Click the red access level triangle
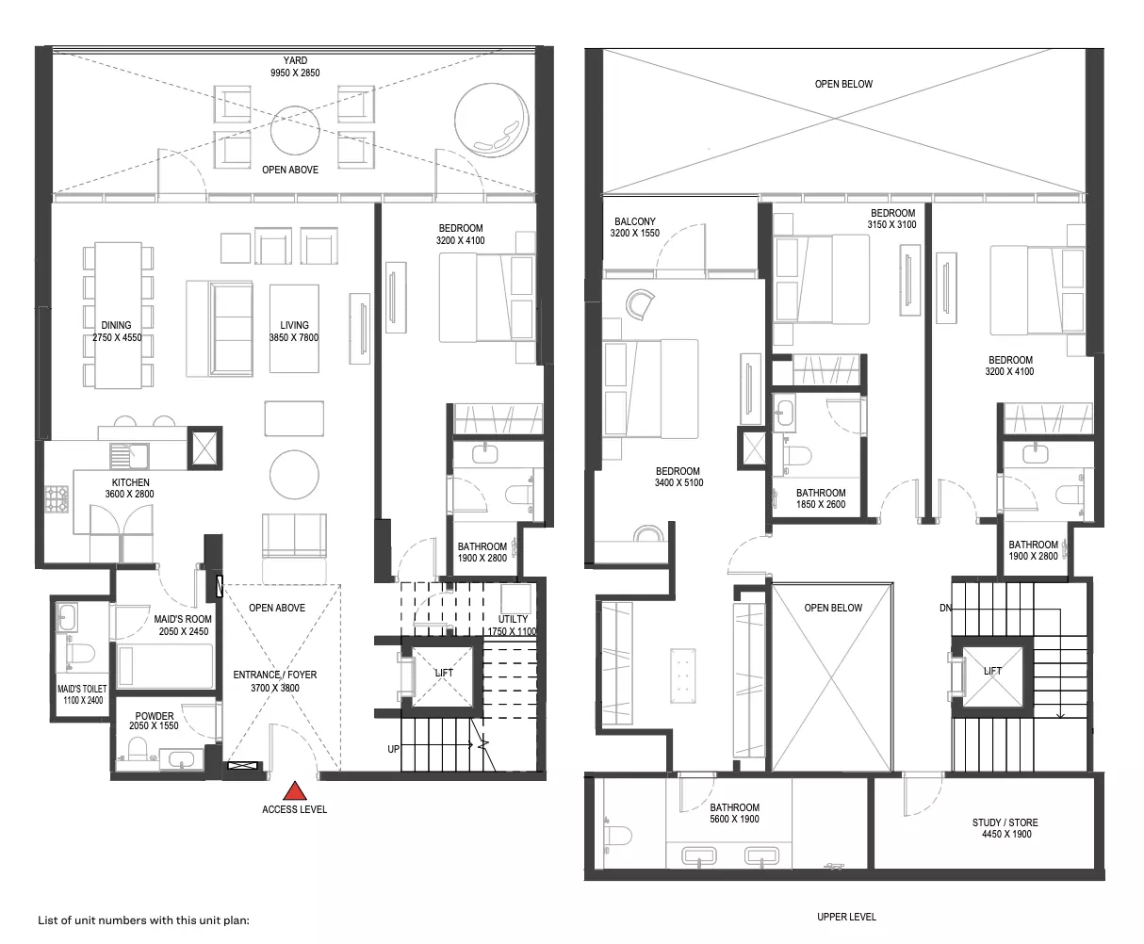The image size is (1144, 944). click(x=295, y=790)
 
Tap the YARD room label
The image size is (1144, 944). click(x=295, y=60)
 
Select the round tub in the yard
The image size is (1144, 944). click(x=492, y=120)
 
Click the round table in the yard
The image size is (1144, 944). click(x=295, y=130)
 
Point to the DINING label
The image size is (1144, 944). click(x=116, y=325)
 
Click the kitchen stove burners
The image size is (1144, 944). click(x=57, y=498)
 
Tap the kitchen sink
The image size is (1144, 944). click(x=129, y=456)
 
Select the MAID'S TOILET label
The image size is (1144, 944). click(x=82, y=689)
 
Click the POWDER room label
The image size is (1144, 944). click(x=155, y=715)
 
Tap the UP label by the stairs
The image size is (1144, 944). click(x=393, y=749)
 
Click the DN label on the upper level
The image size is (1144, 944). click(x=946, y=608)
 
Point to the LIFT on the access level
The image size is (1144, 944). click(x=443, y=677)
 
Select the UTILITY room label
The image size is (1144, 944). click(x=513, y=619)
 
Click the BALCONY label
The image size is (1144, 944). click(x=635, y=221)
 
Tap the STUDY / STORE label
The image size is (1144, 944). click(x=1005, y=822)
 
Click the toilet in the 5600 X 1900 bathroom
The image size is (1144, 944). click(x=617, y=836)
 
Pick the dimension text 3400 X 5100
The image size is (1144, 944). click(x=678, y=482)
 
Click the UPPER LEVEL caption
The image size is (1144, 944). click(x=846, y=917)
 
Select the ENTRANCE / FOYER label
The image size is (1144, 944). click(x=275, y=675)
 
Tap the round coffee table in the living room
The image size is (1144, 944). click(x=294, y=475)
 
